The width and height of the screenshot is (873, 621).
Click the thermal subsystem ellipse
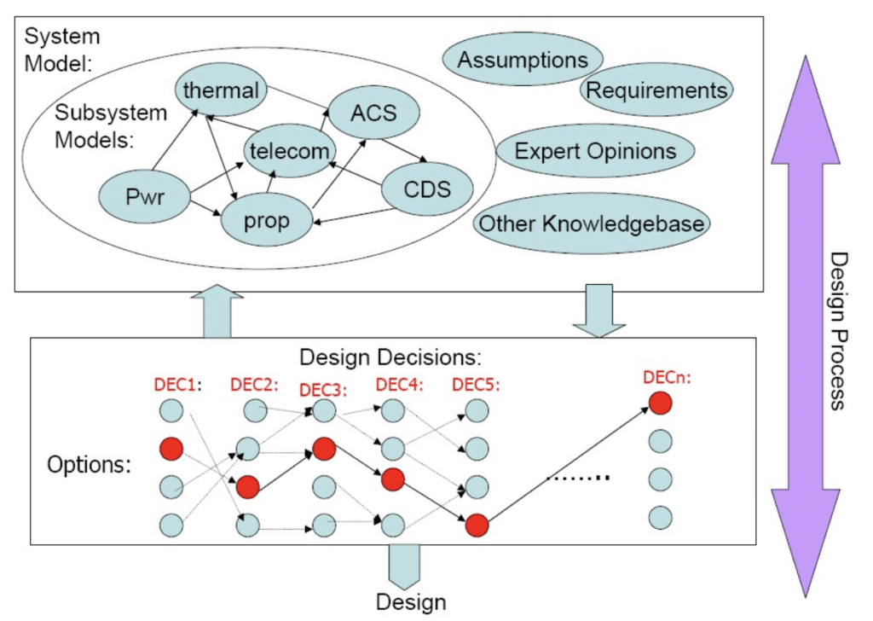point(221,89)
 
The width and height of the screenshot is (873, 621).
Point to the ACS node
point(373,113)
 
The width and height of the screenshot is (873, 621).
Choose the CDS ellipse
point(427,189)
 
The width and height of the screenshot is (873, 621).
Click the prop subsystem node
point(266,221)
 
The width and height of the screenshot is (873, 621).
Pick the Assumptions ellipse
point(522,60)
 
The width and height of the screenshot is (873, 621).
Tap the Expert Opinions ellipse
point(595,152)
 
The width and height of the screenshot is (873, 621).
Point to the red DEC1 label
point(175,384)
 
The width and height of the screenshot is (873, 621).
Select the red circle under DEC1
point(171,449)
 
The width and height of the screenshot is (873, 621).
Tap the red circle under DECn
point(660,403)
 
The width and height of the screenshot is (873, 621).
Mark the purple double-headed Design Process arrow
point(802,324)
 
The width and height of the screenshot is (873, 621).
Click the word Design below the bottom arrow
point(411,602)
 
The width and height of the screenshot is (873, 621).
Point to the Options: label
point(89,465)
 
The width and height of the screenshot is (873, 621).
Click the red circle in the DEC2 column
point(247,487)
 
